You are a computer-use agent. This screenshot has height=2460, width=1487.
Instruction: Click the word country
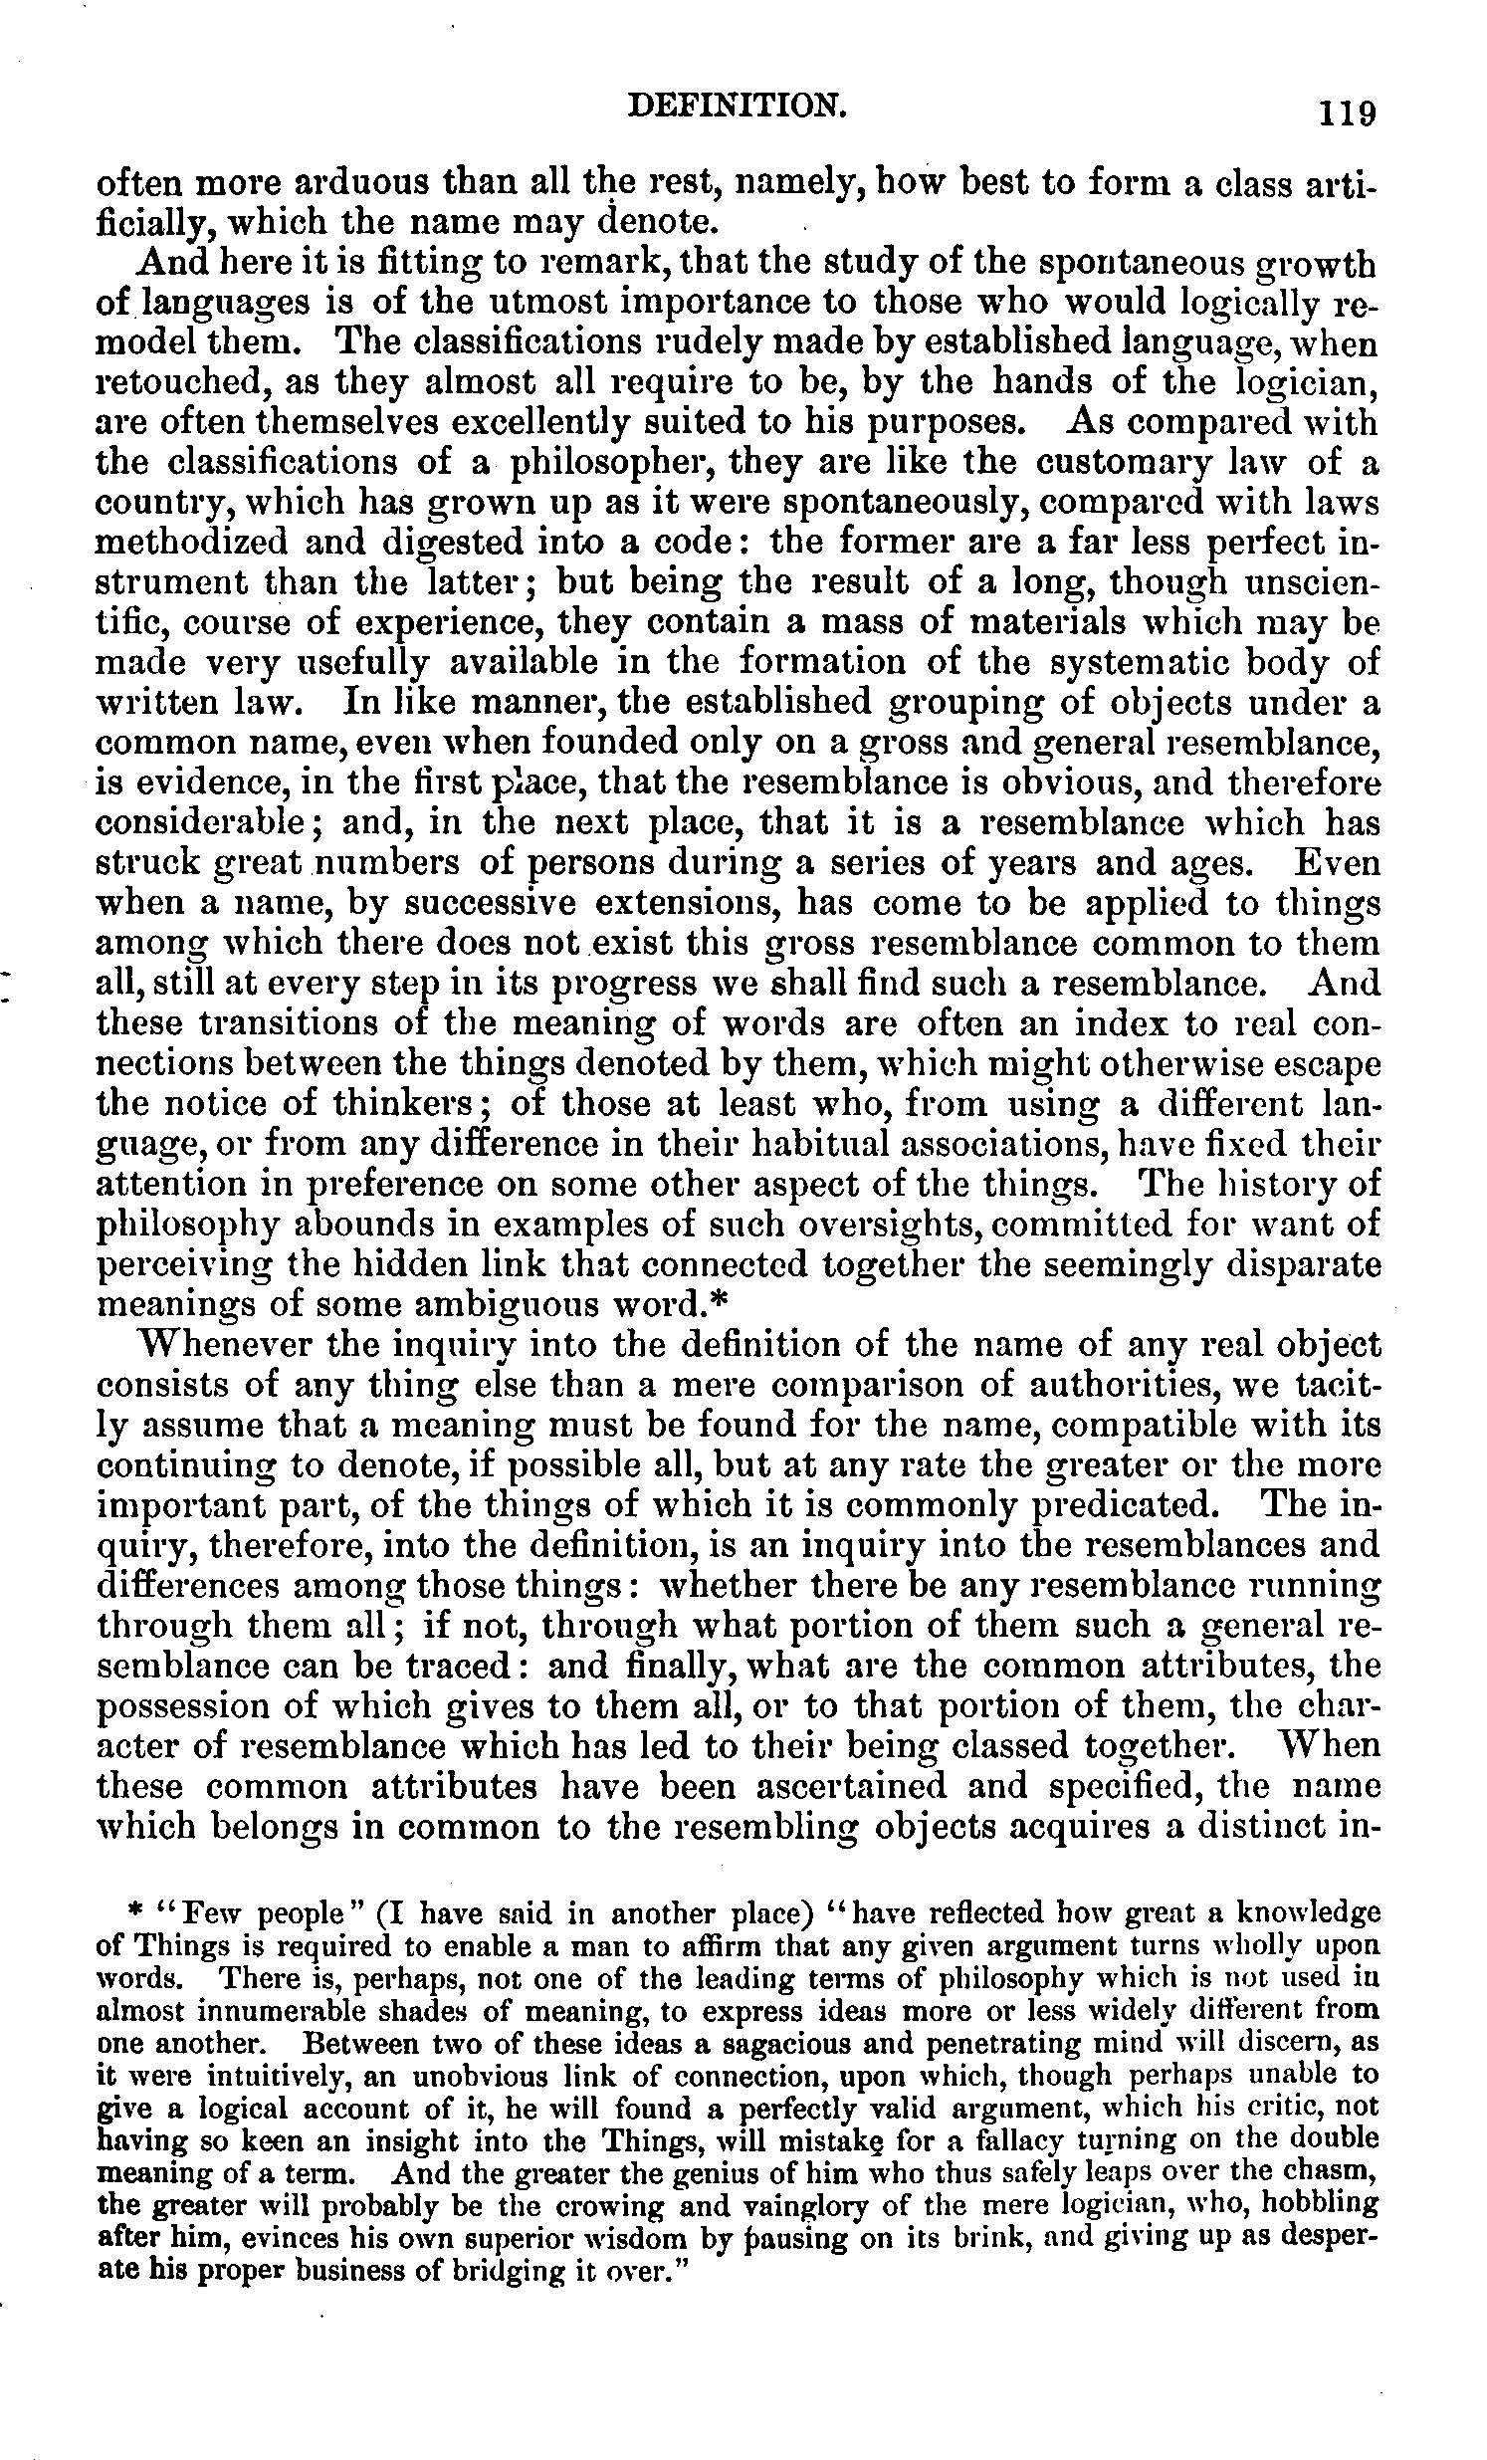(x=160, y=504)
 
